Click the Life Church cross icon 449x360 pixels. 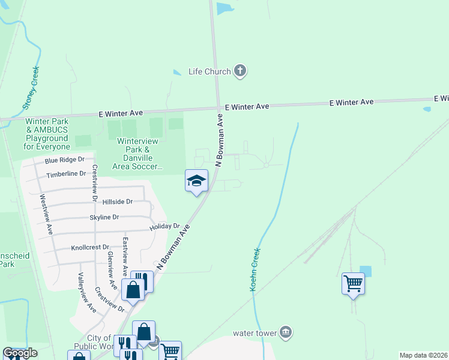click(240, 71)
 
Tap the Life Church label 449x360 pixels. click(209, 71)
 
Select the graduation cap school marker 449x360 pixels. click(196, 181)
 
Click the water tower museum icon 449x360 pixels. click(286, 332)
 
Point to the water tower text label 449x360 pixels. click(255, 333)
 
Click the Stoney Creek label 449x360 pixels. click(30, 88)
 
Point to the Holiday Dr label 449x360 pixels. click(165, 227)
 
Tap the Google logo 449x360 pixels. click(20, 353)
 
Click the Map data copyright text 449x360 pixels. click(423, 355)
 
